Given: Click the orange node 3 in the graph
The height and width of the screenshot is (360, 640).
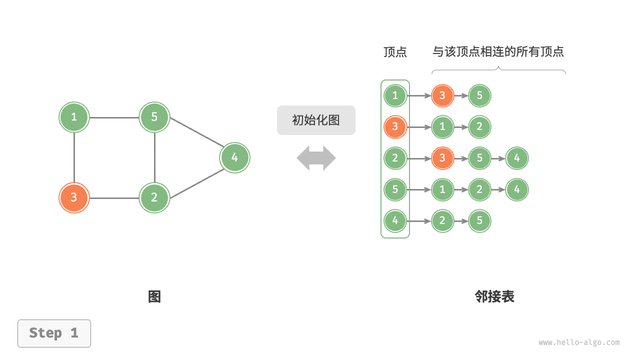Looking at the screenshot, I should click(x=74, y=197).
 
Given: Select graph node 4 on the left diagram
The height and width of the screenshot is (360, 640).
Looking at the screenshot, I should click(x=234, y=157).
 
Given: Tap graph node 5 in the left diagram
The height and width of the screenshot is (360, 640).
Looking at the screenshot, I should click(x=154, y=117).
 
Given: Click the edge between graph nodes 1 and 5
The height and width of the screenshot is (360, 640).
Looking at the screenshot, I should click(x=114, y=117).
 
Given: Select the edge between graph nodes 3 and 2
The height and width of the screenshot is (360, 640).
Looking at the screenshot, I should click(x=114, y=198).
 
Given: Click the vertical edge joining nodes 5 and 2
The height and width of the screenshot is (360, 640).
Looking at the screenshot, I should click(x=154, y=157).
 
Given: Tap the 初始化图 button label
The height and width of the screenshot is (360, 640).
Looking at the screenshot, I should click(x=316, y=120).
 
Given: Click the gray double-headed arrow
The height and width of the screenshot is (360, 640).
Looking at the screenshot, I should click(x=316, y=158).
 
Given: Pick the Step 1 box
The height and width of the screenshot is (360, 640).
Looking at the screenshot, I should click(x=54, y=333).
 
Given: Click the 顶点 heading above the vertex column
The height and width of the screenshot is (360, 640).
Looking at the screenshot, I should click(x=395, y=52).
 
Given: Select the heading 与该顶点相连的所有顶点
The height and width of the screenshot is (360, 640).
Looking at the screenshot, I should click(x=498, y=52).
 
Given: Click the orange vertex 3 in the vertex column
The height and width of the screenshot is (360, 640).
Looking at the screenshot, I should click(x=395, y=127).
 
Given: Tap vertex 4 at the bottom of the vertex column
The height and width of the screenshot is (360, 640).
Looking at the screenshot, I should click(x=395, y=221).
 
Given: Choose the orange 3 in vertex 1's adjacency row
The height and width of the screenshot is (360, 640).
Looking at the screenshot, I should click(x=442, y=95).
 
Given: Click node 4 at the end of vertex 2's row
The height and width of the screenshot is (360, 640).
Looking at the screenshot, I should click(x=516, y=158).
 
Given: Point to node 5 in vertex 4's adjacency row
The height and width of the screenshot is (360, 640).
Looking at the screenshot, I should click(x=479, y=221).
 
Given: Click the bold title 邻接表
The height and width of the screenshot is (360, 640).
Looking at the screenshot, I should click(x=494, y=296).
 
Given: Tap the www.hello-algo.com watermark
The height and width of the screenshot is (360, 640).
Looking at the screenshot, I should click(x=579, y=342).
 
